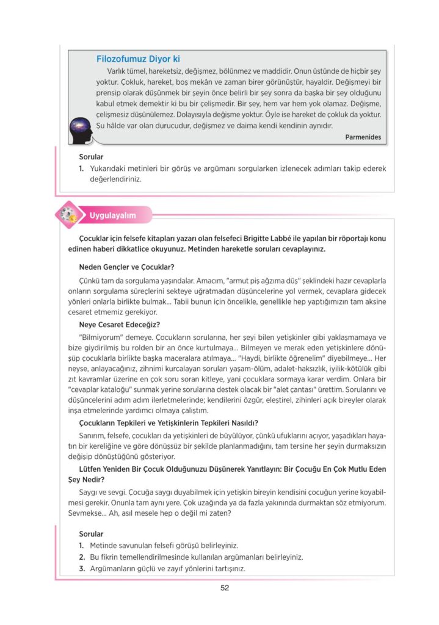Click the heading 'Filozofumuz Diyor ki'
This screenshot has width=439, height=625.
pyautogui.click(x=138, y=59)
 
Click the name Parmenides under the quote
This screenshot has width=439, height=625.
pyautogui.click(x=363, y=137)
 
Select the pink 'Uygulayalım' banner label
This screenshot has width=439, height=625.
pyautogui.click(x=112, y=215)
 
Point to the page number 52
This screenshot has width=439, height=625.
pyautogui.click(x=224, y=588)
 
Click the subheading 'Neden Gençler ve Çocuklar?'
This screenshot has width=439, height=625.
pyautogui.click(x=127, y=267)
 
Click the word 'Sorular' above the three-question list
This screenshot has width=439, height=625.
pyautogui.click(x=92, y=533)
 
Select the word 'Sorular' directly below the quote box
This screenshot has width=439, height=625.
pyautogui.click(x=92, y=157)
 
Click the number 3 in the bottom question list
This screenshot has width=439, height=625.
pyautogui.click(x=81, y=568)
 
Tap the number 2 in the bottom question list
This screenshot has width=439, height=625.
pyautogui.click(x=81, y=557)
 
